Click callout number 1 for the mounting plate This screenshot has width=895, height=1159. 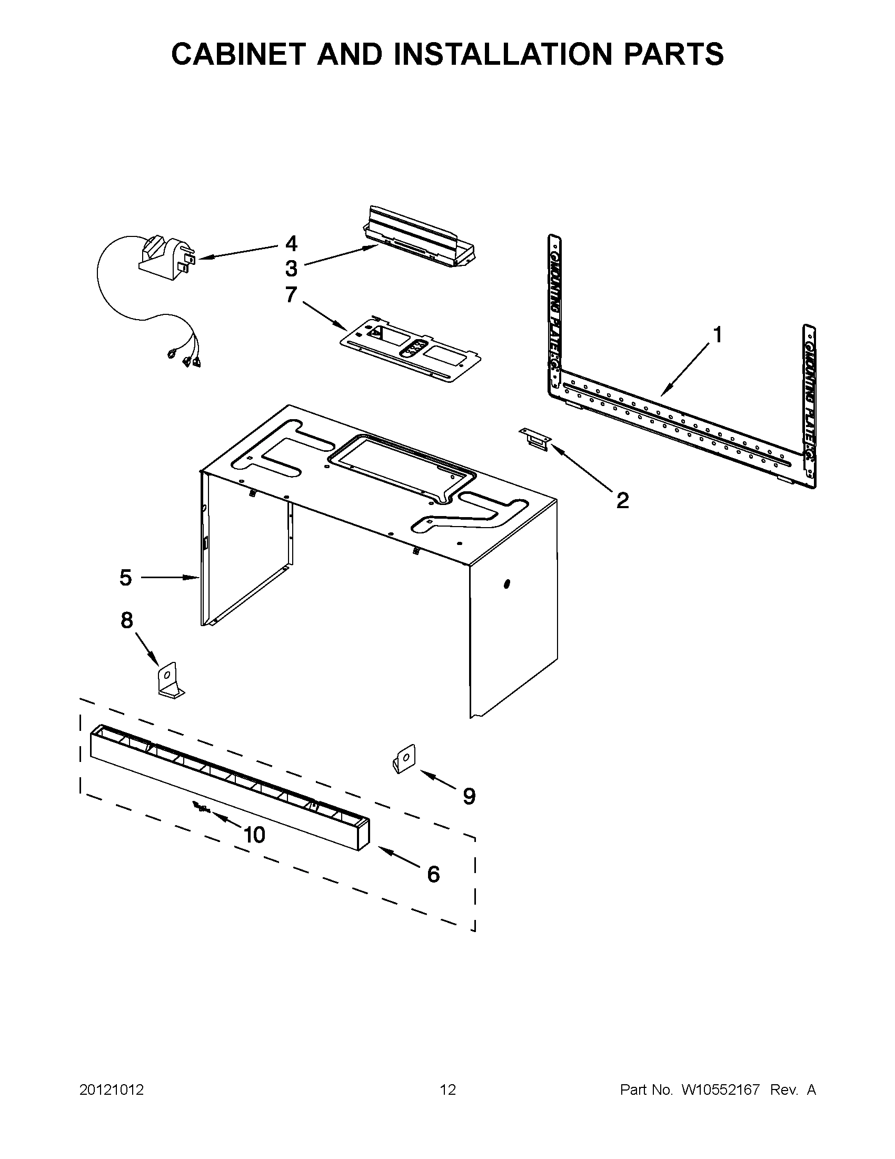click(x=717, y=335)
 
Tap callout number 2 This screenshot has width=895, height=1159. click(x=622, y=500)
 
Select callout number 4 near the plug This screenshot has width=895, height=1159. click(x=291, y=244)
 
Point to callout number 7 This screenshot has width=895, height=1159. click(x=291, y=294)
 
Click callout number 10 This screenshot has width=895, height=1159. click(x=254, y=835)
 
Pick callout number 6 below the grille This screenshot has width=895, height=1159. click(x=433, y=874)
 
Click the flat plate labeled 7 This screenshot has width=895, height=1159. click(x=411, y=351)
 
